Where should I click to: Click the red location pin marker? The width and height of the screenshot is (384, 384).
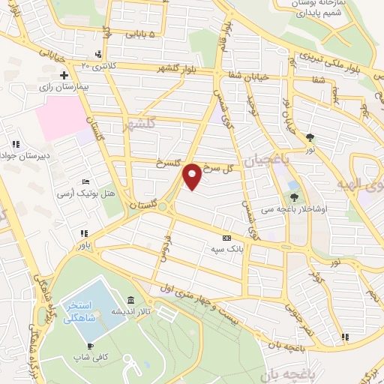(x=192, y=176)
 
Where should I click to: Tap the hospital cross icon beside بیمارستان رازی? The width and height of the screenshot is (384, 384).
(x=64, y=76)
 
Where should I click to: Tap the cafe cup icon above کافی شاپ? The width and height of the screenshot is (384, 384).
(x=91, y=346)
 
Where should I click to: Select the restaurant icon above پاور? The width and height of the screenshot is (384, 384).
(x=84, y=234)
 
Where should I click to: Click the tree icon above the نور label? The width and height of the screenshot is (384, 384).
(x=310, y=136)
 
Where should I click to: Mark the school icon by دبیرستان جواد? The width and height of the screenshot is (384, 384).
(x=14, y=144)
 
